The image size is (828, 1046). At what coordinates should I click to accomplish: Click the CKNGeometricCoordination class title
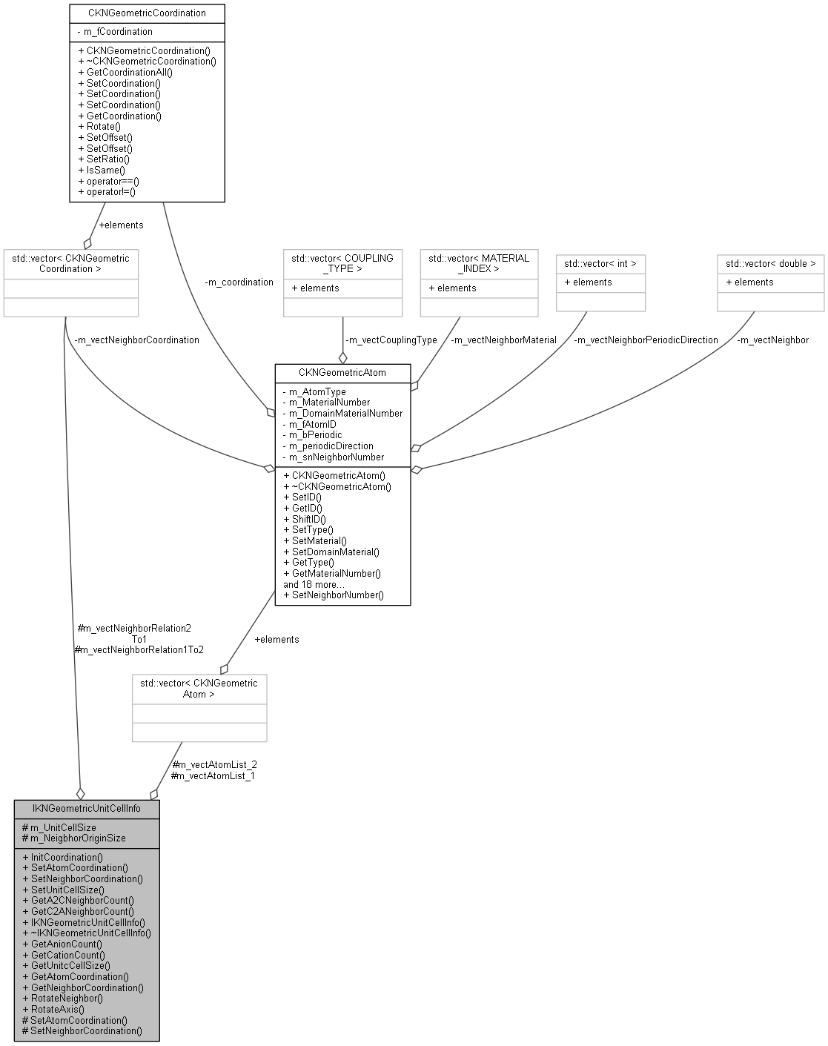147,13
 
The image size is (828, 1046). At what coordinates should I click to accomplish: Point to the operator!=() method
112,191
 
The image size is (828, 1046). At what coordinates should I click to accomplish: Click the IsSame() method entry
105,170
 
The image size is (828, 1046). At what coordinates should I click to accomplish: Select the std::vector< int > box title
600,263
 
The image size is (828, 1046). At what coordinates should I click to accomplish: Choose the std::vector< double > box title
770,263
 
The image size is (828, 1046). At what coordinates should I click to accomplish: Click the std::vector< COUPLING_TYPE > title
342,263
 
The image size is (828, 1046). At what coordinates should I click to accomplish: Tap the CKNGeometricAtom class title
342,372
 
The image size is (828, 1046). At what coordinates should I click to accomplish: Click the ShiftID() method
308,519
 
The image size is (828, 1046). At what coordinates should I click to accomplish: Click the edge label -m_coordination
239,282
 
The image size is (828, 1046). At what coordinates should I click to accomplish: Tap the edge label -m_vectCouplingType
391,340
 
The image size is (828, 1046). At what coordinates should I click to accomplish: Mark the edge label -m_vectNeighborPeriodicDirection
646,340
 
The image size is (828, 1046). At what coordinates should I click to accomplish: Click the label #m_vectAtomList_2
214,764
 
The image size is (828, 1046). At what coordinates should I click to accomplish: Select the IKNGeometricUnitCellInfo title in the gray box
87,808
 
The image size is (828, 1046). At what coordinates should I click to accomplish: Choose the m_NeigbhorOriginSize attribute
78,838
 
